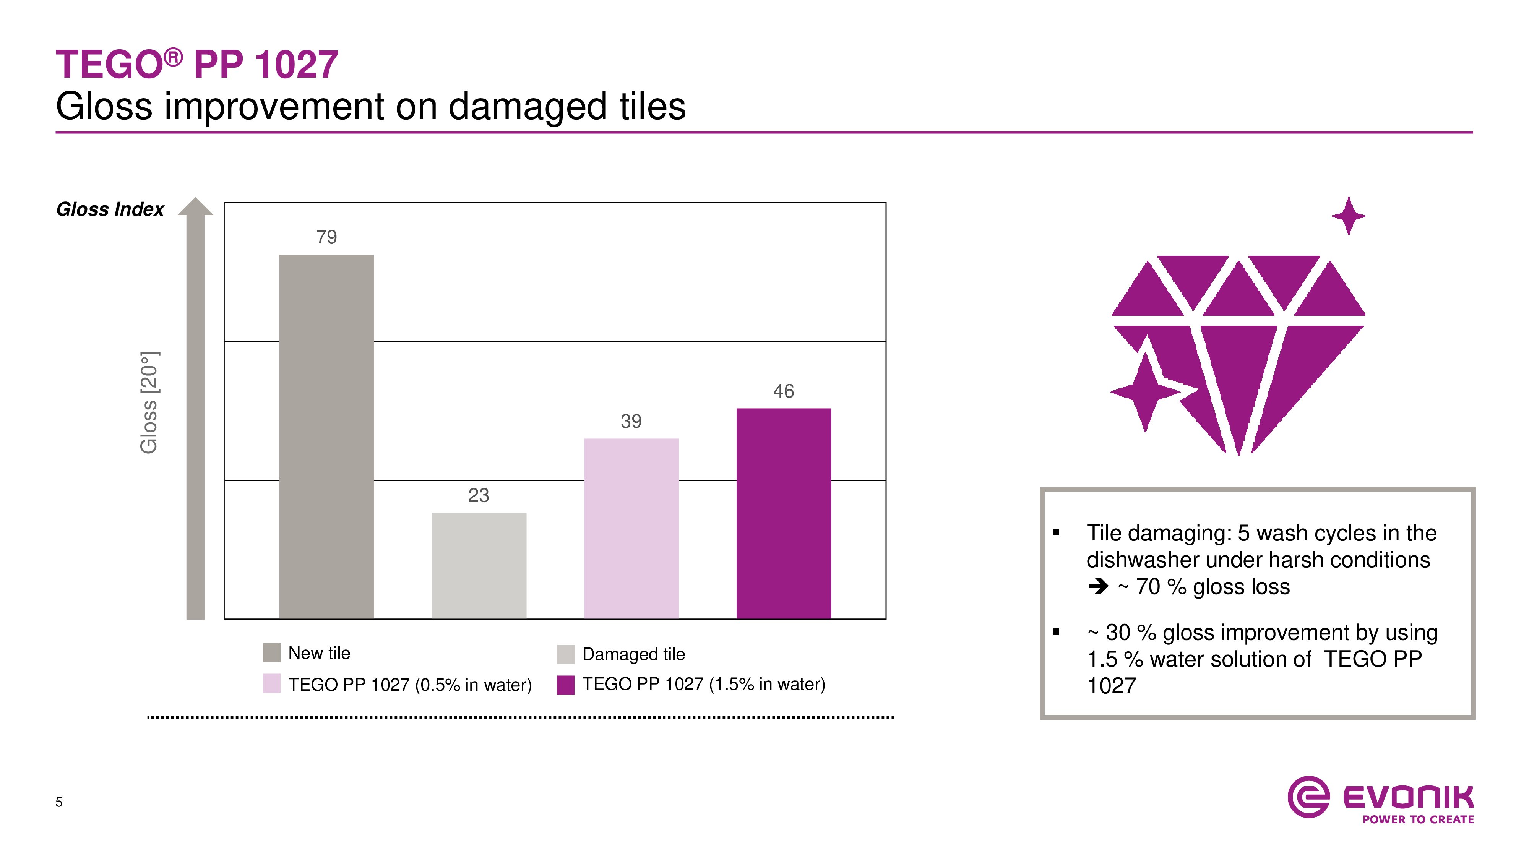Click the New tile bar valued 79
(x=326, y=437)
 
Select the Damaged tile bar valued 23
(x=479, y=566)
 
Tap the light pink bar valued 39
(x=631, y=529)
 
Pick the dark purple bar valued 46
(x=784, y=513)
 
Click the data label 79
(x=326, y=237)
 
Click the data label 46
(x=784, y=391)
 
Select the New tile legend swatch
(x=271, y=652)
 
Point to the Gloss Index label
(x=110, y=209)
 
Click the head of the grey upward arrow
(x=195, y=206)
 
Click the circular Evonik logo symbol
(x=1308, y=797)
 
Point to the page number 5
(x=59, y=802)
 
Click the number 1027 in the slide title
(x=296, y=64)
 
